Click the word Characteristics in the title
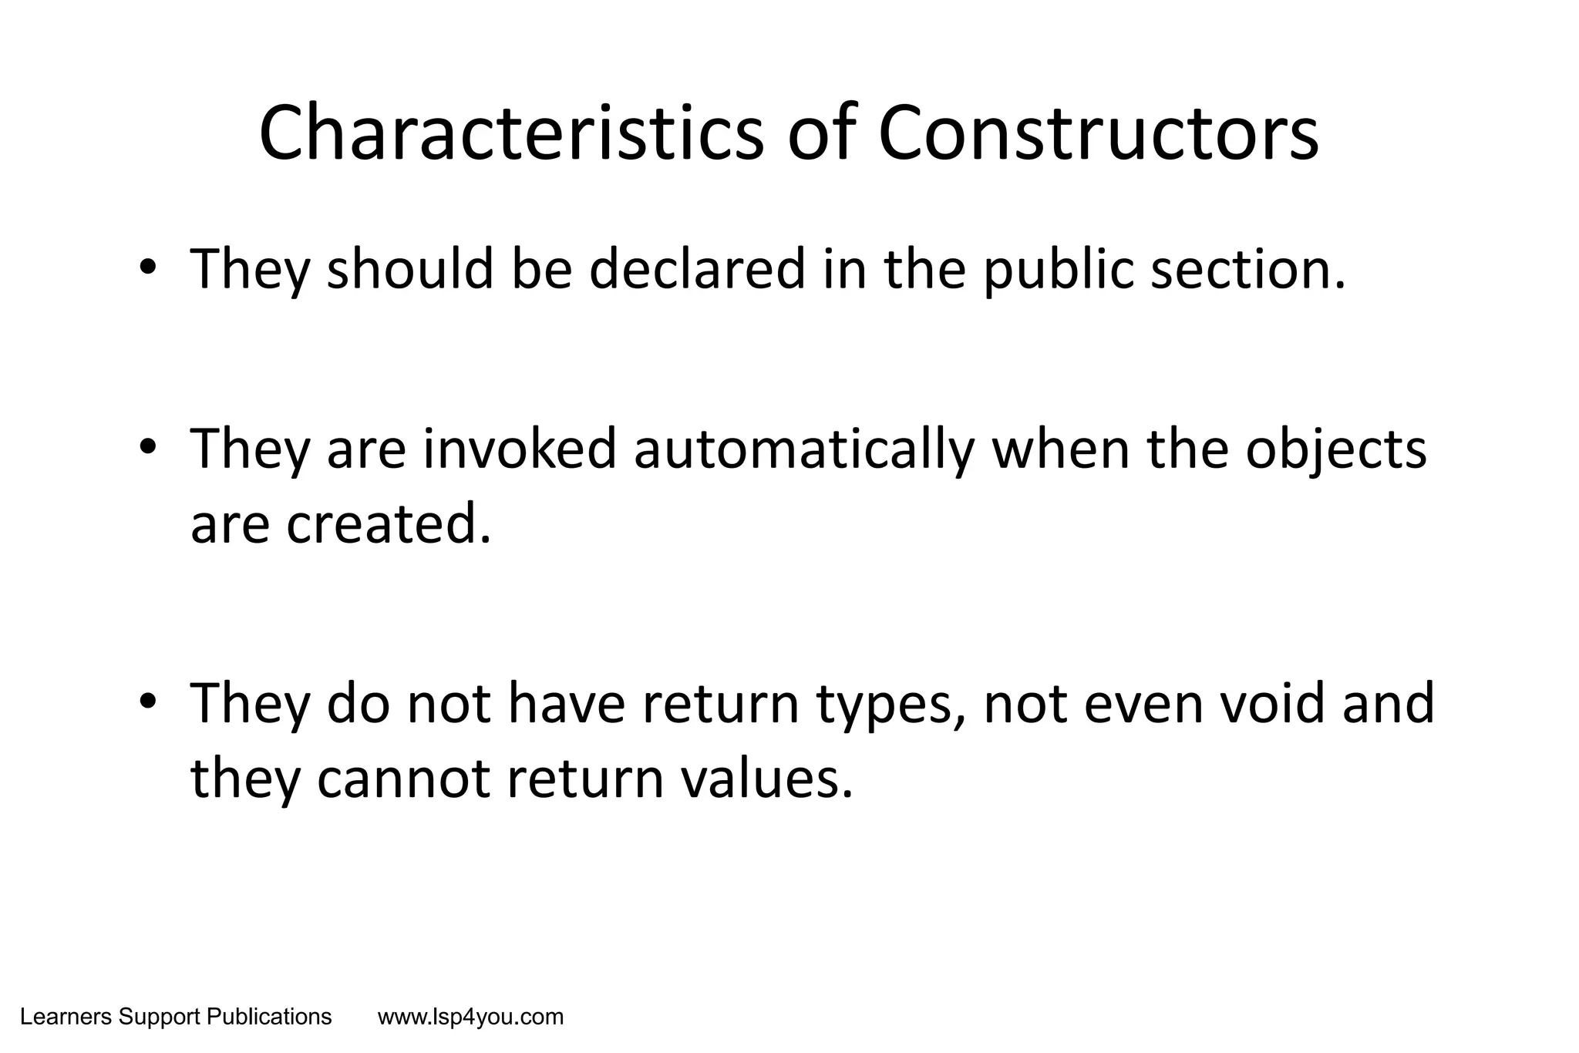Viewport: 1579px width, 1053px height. click(x=511, y=134)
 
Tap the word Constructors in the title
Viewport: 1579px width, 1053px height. click(x=1098, y=134)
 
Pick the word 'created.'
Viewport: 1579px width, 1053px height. click(x=389, y=524)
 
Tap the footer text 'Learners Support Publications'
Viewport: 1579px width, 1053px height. click(x=176, y=1018)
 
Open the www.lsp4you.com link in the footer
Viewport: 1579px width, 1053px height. click(x=470, y=1018)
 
